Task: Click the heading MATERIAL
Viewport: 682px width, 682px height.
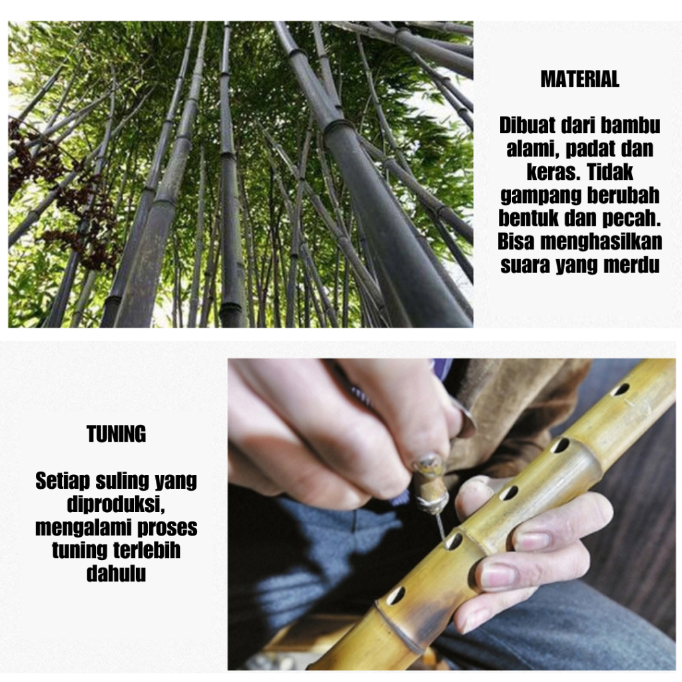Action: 580,79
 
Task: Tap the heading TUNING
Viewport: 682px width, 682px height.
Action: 116,434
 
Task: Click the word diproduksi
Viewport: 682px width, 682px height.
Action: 116,505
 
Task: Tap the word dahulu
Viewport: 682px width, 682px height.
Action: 116,573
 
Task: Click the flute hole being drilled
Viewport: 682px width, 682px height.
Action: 452,541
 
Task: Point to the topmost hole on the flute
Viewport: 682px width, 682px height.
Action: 621,389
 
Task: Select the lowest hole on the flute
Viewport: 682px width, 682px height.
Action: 396,595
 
